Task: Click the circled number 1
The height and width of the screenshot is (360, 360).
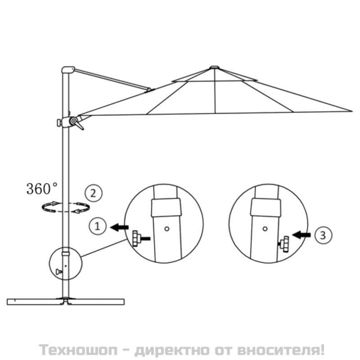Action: [98, 226]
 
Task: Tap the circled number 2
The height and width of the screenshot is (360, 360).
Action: [93, 193]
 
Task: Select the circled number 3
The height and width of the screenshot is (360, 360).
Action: [323, 235]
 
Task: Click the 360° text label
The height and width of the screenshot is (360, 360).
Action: [42, 189]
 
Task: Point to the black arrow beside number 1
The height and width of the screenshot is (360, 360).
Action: [119, 228]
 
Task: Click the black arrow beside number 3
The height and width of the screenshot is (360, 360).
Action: [301, 235]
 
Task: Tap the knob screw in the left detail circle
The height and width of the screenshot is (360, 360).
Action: [141, 239]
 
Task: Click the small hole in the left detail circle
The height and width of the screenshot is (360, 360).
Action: [167, 229]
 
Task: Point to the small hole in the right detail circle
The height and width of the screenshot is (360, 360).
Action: [265, 229]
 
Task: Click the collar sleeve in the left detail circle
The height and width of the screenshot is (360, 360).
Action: [166, 207]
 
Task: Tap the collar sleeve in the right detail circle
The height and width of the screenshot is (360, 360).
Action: [265, 207]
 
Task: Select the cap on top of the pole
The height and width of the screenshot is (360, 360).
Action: [68, 70]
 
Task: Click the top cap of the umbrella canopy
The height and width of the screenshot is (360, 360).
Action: [214, 67]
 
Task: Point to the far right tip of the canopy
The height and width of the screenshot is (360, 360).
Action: [352, 111]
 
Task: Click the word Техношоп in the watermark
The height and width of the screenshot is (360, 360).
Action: [78, 350]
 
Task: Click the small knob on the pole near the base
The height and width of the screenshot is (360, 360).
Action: [59, 272]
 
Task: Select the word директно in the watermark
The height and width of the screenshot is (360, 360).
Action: [172, 350]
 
